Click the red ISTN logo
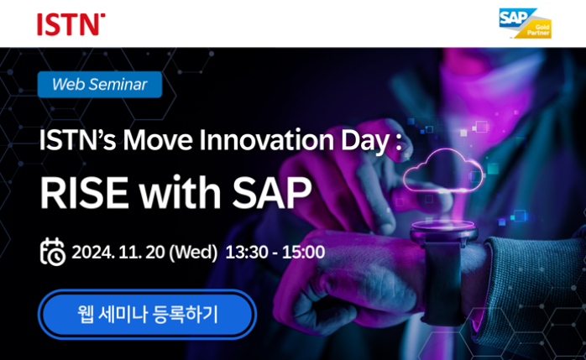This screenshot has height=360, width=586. click(x=71, y=24)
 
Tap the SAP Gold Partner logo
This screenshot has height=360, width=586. click(x=525, y=23)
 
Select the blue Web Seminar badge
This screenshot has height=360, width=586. click(x=100, y=85)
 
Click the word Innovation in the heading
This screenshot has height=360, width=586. click(x=266, y=140)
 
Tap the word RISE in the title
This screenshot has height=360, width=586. click(x=84, y=193)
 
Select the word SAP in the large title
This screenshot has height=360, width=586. click(x=272, y=193)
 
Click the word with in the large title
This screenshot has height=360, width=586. click(x=181, y=193)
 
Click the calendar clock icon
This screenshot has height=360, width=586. click(x=53, y=252)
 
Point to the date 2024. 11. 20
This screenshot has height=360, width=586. click(x=118, y=252)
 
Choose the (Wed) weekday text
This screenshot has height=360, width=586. click(x=193, y=253)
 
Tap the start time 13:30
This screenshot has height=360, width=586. click(x=247, y=252)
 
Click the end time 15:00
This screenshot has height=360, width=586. click(x=303, y=252)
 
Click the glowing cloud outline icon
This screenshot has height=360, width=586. click(x=443, y=171)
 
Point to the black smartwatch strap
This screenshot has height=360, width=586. click(x=443, y=284)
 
